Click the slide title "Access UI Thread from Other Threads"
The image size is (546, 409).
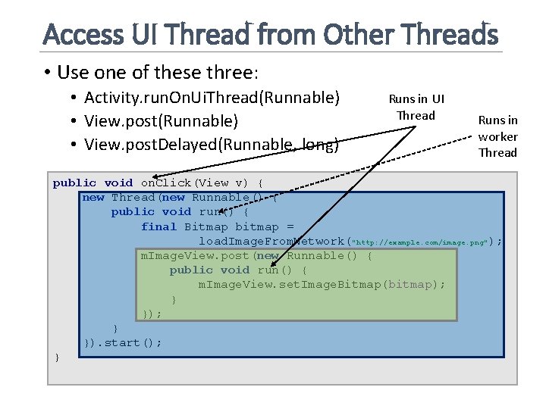(271, 34)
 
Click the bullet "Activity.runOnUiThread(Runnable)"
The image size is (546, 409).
(212, 98)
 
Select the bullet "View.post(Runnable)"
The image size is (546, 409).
(161, 121)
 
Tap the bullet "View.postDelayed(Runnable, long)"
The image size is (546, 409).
(212, 145)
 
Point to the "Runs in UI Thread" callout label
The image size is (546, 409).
(416, 107)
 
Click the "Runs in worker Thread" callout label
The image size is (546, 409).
(497, 136)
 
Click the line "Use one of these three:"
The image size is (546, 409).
(158, 72)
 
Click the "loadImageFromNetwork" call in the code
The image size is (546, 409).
(271, 242)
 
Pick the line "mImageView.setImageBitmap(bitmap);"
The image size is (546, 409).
(322, 284)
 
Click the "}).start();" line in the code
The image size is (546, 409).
(122, 342)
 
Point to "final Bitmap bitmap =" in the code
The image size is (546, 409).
(217, 226)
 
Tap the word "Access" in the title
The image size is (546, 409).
(83, 34)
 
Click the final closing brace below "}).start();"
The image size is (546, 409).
(57, 357)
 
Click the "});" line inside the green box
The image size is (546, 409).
(152, 314)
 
